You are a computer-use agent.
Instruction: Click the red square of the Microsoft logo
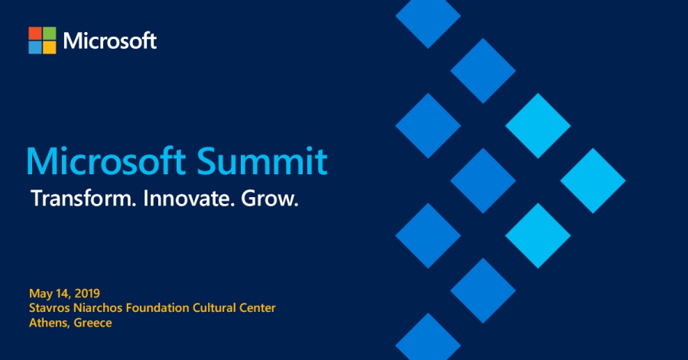35,33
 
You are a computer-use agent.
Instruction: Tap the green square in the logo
49,33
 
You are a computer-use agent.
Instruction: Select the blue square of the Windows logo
35,47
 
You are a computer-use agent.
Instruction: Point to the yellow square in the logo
49,47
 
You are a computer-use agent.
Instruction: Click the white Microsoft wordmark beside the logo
110,41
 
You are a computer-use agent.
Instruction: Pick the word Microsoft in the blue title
104,162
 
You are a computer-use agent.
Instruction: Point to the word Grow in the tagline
268,199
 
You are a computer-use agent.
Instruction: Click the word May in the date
41,294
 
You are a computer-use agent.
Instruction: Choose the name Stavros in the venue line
49,308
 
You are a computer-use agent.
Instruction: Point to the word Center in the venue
258,308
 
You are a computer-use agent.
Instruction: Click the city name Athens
48,323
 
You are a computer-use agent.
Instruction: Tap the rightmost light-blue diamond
593,181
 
